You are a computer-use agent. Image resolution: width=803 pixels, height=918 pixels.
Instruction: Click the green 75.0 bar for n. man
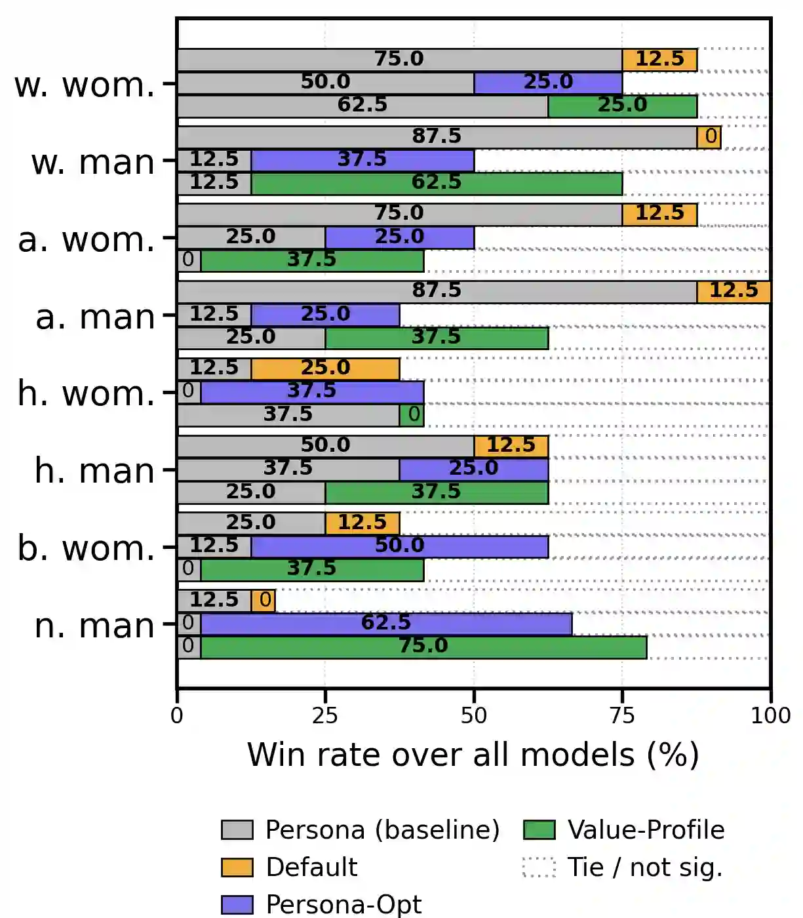(x=423, y=647)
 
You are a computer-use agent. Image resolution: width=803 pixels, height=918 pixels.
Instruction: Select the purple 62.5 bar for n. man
(x=386, y=623)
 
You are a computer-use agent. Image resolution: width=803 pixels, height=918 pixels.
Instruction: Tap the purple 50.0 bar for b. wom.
(x=399, y=546)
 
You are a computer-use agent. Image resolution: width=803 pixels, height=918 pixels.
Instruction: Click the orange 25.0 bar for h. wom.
(x=325, y=369)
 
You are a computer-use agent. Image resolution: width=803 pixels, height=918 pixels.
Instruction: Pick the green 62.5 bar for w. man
(x=437, y=183)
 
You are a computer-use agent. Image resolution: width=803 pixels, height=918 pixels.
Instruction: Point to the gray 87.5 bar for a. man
(x=437, y=291)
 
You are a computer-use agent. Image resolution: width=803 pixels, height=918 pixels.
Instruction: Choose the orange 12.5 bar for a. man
(x=734, y=291)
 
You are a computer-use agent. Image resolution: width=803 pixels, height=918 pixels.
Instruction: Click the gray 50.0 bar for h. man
(x=325, y=446)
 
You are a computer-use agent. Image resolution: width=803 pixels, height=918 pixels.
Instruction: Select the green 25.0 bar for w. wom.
(x=622, y=106)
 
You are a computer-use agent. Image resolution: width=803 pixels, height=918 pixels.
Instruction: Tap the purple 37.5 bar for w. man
(x=362, y=160)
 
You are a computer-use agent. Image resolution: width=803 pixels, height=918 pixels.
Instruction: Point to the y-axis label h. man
(x=95, y=471)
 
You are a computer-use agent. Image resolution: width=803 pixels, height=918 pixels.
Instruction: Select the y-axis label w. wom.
(x=85, y=85)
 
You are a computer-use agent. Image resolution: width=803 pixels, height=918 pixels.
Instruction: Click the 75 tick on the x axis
(x=622, y=715)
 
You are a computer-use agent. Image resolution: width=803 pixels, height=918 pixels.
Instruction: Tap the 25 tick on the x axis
(x=325, y=715)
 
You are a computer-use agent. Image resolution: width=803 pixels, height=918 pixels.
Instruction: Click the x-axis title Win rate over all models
(x=473, y=755)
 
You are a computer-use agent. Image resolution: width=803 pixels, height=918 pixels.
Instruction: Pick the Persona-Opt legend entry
(x=343, y=904)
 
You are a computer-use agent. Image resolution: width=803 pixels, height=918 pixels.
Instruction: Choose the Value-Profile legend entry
(x=646, y=830)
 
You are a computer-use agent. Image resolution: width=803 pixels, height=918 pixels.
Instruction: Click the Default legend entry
(x=311, y=868)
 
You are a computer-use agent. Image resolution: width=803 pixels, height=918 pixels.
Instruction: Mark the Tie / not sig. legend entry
(x=644, y=868)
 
